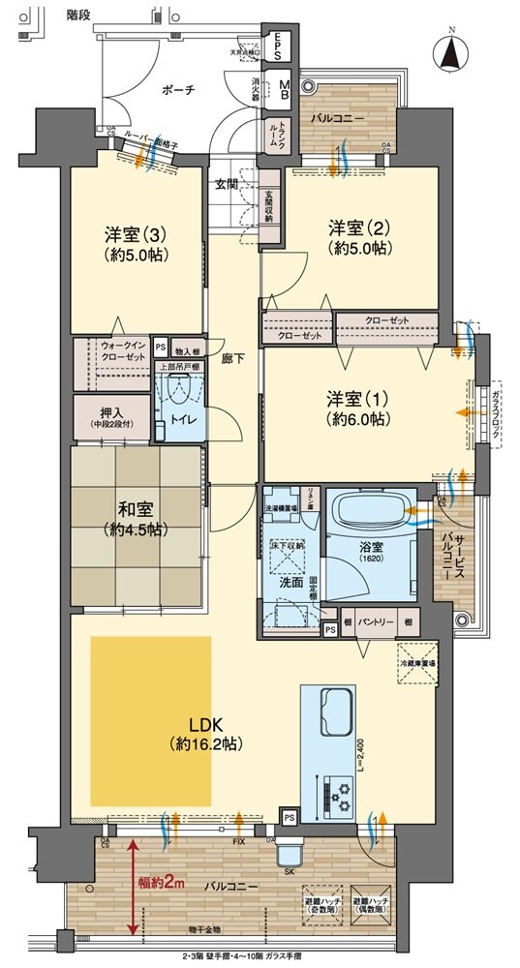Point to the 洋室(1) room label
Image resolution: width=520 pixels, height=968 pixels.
point(357,407)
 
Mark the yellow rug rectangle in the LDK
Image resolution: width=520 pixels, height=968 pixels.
point(150,720)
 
